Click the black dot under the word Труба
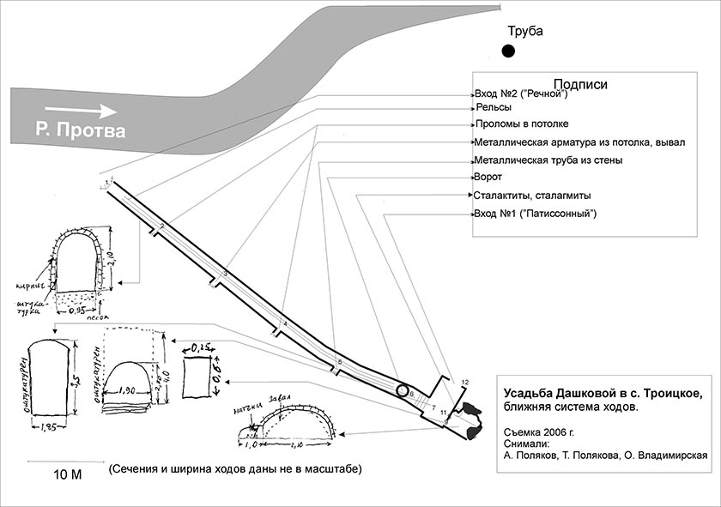[509, 52]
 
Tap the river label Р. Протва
[81, 131]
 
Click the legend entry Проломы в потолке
[522, 124]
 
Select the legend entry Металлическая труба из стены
[548, 160]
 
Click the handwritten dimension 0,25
[203, 347]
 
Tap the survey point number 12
[465, 381]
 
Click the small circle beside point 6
[403, 391]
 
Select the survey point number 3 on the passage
[225, 273]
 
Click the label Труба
[525, 32]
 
